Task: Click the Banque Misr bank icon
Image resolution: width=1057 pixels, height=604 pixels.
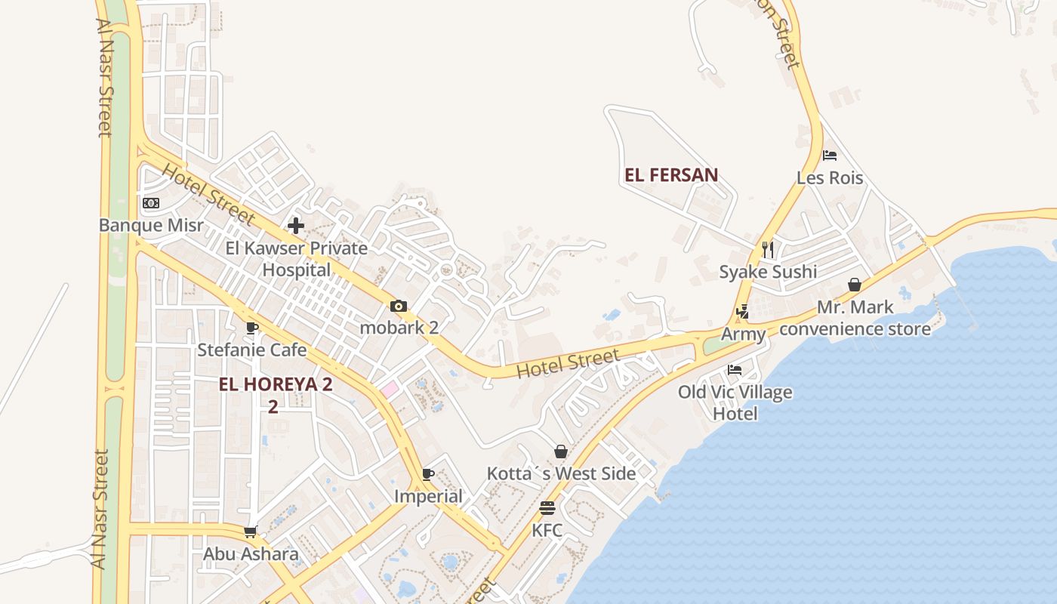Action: click(151, 203)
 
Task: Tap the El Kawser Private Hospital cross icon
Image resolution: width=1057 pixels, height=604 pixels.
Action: click(295, 225)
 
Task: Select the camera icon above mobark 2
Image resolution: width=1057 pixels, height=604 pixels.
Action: click(399, 306)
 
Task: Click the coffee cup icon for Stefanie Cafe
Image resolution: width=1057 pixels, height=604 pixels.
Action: click(252, 328)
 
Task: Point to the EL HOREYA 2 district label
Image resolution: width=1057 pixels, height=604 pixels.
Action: click(275, 384)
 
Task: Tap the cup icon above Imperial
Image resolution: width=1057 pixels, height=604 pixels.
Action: click(428, 474)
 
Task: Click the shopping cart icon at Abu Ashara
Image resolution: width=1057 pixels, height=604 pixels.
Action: click(251, 532)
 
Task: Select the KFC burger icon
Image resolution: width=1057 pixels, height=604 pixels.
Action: click(547, 508)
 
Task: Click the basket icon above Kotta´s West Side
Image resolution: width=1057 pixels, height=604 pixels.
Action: click(561, 451)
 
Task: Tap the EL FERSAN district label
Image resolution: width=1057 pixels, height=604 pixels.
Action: click(671, 175)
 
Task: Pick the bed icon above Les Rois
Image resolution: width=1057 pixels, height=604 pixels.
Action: click(830, 156)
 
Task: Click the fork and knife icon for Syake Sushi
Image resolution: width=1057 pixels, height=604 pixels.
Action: click(768, 249)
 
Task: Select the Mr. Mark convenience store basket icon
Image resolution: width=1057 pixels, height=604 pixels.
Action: click(855, 285)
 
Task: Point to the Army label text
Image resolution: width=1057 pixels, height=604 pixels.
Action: click(743, 334)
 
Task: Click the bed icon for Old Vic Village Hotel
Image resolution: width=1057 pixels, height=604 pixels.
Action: click(735, 370)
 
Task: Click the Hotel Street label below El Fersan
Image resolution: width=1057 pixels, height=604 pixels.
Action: click(569, 363)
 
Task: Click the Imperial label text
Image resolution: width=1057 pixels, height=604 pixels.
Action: click(428, 496)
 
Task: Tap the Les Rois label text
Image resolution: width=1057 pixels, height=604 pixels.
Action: click(830, 178)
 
